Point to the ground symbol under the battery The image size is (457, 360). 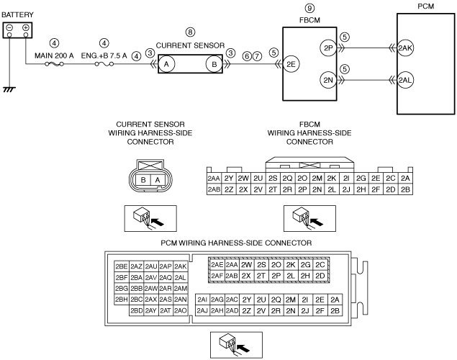9,89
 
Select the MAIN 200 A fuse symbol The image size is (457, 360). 55,64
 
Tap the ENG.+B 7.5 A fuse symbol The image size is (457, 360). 104,64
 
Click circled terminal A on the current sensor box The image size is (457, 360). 166,64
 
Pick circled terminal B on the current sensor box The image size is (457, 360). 214,64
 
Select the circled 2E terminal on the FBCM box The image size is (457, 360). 291,64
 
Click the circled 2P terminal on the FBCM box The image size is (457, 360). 328,48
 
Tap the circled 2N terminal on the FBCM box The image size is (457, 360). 328,80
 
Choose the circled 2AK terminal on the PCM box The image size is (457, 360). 405,48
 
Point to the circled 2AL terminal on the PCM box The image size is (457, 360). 405,80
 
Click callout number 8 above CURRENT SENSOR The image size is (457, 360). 190,32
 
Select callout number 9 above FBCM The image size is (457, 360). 309,8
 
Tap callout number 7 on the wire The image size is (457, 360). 257,56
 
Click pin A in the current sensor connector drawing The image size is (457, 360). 158,180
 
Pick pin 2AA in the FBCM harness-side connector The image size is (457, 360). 214,179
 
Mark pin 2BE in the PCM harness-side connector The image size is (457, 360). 122,266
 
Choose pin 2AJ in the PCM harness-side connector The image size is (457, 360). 202,311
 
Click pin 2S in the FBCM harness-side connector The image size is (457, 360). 273,179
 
